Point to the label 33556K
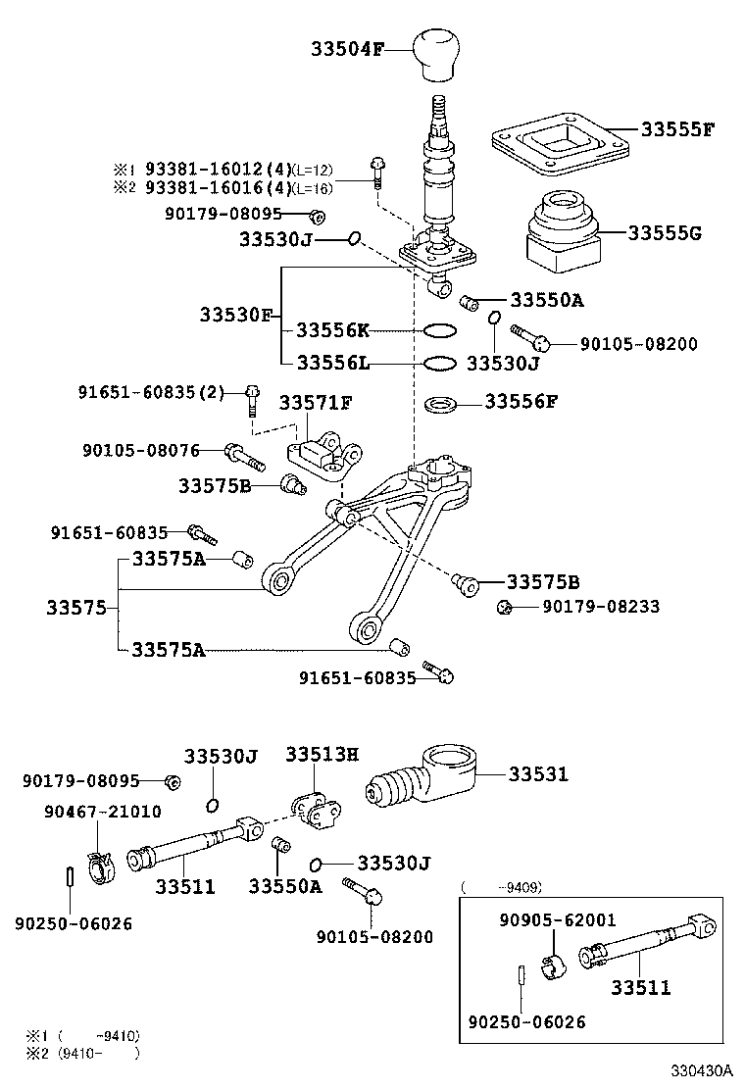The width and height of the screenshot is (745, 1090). [333, 330]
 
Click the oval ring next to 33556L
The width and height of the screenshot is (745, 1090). [439, 364]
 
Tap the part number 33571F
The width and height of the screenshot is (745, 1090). [316, 403]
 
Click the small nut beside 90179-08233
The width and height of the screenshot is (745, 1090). [505, 608]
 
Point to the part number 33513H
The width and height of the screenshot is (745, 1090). [322, 754]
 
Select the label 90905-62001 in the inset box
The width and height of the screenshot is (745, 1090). [557, 919]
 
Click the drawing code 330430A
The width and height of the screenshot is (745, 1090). [702, 1071]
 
